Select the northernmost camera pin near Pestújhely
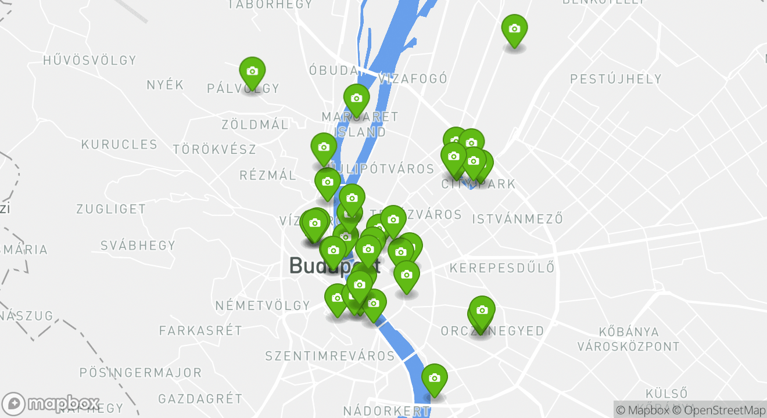tap(514, 29)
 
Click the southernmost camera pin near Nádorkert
tap(434, 379)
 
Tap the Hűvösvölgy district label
tap(89, 60)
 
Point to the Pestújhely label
tap(616, 79)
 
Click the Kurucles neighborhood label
tap(119, 145)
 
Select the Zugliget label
tap(111, 209)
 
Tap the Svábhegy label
tap(138, 245)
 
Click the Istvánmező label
tap(518, 219)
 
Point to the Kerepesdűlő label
tap(502, 268)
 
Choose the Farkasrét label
tap(200, 331)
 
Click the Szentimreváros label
tap(330, 355)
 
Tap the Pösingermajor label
tap(140, 373)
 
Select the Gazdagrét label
tap(200, 399)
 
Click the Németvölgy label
tap(263, 305)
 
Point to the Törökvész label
tap(214, 149)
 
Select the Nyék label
tap(165, 85)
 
